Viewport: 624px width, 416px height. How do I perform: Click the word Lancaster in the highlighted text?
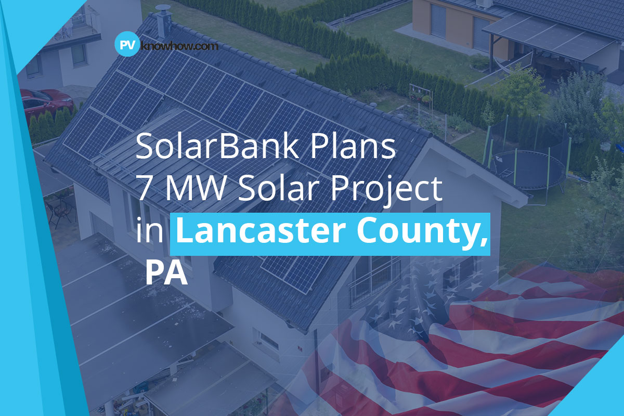point(255,232)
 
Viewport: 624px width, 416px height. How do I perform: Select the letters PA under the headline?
point(166,272)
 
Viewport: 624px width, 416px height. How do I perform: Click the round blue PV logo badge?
point(126,45)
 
